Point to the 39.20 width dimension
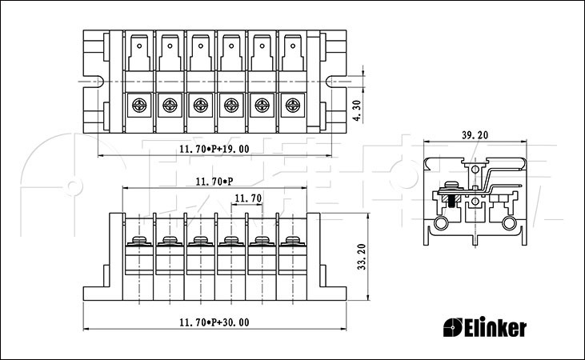(x=475, y=136)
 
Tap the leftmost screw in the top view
(x=138, y=104)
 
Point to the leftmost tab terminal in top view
(x=138, y=52)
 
